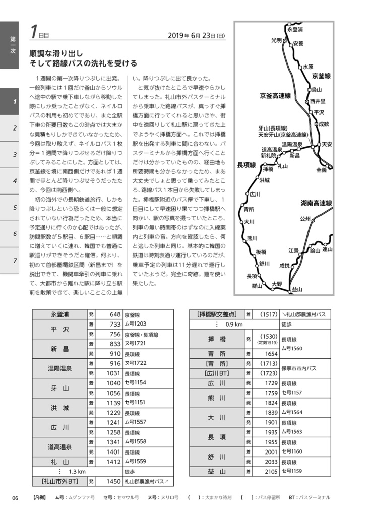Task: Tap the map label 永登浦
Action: click(x=295, y=30)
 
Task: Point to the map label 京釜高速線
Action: click(x=275, y=95)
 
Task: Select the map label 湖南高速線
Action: click(x=316, y=203)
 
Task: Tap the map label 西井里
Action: click(x=318, y=101)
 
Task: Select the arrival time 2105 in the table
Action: click(x=270, y=471)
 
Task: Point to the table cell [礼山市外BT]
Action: click(x=59, y=481)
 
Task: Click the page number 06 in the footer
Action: click(x=15, y=497)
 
